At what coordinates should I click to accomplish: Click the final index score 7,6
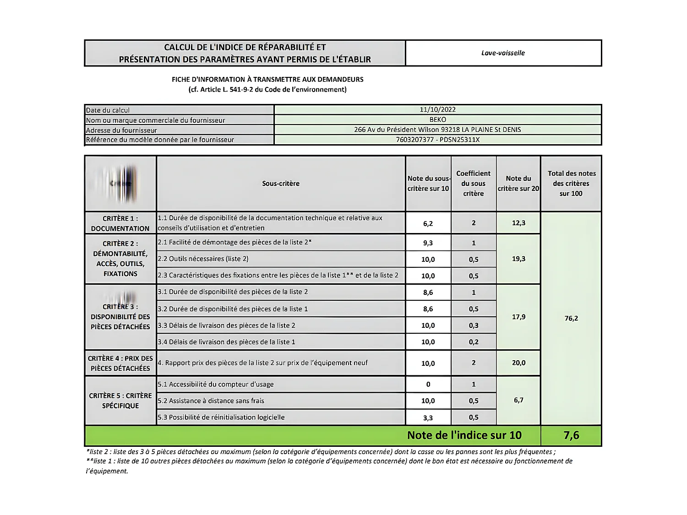(571, 435)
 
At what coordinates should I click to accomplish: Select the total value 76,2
(571, 318)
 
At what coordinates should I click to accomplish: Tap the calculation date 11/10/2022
(437, 109)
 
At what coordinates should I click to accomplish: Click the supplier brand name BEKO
(437, 119)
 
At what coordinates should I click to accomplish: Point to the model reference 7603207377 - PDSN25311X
(437, 140)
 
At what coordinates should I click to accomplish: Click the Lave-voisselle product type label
(503, 53)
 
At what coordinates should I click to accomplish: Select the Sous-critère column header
(281, 184)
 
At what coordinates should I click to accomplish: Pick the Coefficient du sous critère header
(473, 184)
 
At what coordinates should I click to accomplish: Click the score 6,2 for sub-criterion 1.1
(428, 223)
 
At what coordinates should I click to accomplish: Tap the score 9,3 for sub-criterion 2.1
(428, 243)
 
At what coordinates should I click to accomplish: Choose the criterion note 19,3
(518, 259)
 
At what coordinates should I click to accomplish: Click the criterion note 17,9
(518, 317)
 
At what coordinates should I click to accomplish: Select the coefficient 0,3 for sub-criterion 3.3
(474, 325)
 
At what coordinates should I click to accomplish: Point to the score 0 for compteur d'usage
(428, 385)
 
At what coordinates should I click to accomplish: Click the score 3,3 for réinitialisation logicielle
(428, 417)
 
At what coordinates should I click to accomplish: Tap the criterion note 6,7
(518, 400)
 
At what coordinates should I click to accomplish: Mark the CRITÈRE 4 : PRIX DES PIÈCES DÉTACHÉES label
(120, 363)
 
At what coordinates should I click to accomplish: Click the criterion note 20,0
(518, 363)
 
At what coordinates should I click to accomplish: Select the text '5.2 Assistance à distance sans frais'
(211, 401)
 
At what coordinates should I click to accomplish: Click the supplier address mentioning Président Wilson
(437, 130)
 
